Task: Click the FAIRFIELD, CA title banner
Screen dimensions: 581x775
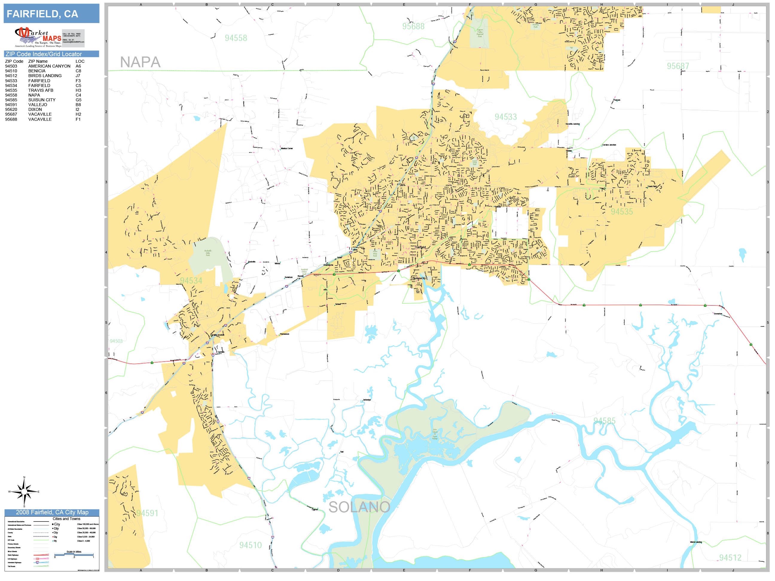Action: [51, 14]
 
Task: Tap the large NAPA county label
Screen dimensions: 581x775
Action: [140, 62]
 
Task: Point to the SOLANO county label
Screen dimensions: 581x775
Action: [359, 507]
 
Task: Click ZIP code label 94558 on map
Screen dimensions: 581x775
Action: [236, 38]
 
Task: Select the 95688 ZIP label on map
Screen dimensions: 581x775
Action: [413, 26]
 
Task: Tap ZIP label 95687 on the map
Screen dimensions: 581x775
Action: [678, 66]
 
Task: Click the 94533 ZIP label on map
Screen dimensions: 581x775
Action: [505, 117]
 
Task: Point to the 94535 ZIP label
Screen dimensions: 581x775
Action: [622, 212]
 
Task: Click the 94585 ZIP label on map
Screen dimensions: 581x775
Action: [604, 421]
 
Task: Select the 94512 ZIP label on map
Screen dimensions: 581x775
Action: [730, 557]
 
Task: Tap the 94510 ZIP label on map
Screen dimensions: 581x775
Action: [250, 545]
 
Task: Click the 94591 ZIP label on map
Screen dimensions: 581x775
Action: [147, 513]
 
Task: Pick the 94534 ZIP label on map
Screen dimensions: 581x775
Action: [191, 281]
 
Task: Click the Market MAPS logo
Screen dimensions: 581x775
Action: [49, 37]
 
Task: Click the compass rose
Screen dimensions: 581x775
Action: [24, 492]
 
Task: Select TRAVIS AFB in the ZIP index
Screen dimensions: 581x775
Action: [41, 90]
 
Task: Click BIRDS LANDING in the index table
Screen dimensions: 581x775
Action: [45, 76]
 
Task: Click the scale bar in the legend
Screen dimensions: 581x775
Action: [74, 555]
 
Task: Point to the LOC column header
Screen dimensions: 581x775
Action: [80, 61]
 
